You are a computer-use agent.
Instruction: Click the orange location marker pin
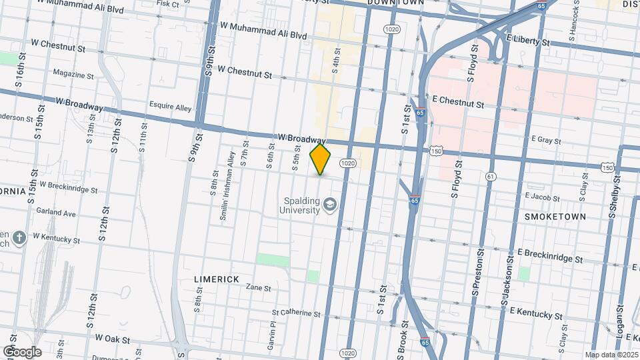tap(321, 160)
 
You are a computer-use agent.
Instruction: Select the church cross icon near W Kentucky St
tap(20, 237)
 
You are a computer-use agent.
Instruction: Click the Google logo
tap(21, 352)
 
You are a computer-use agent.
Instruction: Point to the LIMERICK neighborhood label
tap(217, 279)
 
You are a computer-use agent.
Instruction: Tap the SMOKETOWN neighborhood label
tap(555, 217)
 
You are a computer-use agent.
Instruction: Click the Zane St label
tap(258, 288)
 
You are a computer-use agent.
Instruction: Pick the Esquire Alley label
tap(170, 107)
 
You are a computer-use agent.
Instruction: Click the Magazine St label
tap(73, 74)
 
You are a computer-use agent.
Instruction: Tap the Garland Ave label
tap(57, 213)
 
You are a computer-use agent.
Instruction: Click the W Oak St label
tap(112, 339)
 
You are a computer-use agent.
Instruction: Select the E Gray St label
tap(546, 141)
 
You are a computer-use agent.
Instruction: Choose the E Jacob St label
tap(543, 196)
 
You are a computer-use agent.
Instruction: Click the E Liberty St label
tap(528, 41)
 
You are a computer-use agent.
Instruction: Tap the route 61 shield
tap(491, 176)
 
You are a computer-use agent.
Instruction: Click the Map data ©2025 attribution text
tap(610, 355)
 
